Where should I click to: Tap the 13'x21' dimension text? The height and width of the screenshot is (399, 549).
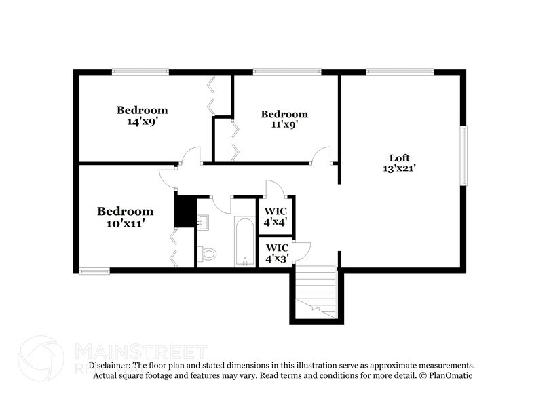(399, 169)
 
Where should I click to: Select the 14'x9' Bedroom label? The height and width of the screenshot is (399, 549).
(142, 110)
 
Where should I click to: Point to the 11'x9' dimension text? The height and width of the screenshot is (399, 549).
(284, 125)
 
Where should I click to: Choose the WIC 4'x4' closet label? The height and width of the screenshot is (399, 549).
(276, 215)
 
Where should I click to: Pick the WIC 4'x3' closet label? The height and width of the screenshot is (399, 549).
(276, 253)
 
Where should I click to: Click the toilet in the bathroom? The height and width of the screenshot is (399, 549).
(208, 254)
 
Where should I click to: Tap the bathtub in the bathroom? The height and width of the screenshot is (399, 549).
(244, 242)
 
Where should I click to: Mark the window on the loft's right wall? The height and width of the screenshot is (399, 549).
(463, 155)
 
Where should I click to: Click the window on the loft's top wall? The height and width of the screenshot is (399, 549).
(400, 71)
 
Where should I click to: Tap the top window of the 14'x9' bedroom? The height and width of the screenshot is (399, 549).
(140, 71)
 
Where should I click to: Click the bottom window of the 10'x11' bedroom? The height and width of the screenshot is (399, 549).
(94, 271)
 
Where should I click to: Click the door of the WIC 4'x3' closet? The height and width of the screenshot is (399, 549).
(301, 250)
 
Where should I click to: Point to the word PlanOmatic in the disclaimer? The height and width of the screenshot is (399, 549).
(450, 375)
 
